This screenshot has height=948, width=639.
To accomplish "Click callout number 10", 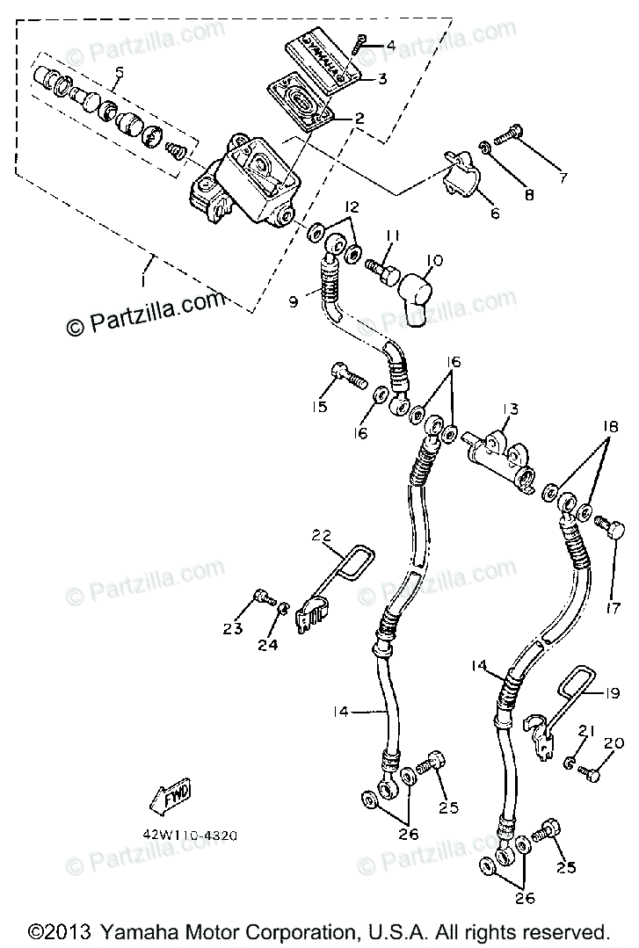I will click(x=434, y=261).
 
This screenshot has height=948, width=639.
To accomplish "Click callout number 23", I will click(x=232, y=628).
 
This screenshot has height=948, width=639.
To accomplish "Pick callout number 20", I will click(x=613, y=743).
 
